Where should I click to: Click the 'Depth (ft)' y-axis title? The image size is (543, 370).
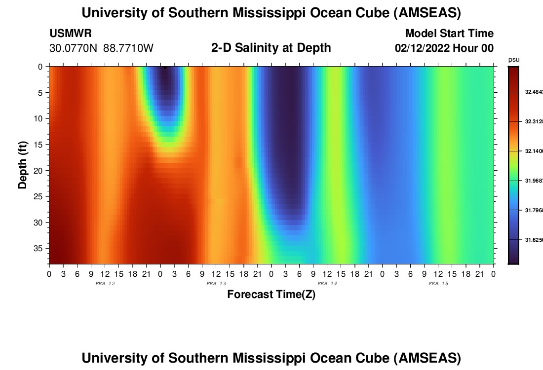pos(23,165)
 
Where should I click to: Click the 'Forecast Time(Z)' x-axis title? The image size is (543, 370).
pos(271,295)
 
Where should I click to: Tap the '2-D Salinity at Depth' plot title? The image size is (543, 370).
pos(271,48)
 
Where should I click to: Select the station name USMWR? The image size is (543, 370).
pos(71,34)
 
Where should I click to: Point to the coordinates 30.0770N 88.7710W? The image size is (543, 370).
pos(102,48)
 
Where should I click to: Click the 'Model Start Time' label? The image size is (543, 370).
pos(449,34)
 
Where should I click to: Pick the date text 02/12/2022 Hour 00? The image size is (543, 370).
pos(444,48)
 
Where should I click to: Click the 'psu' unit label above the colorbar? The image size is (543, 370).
pos(514,60)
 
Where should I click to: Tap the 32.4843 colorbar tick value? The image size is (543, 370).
pos(533,92)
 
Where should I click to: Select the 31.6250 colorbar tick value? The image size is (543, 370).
pos(533,240)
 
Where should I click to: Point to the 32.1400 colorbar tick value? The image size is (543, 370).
pos(533,151)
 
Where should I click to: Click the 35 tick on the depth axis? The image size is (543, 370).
pos(40,249)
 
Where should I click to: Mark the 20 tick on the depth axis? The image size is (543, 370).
pos(40,171)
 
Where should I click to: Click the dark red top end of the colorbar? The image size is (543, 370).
pos(513,69)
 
